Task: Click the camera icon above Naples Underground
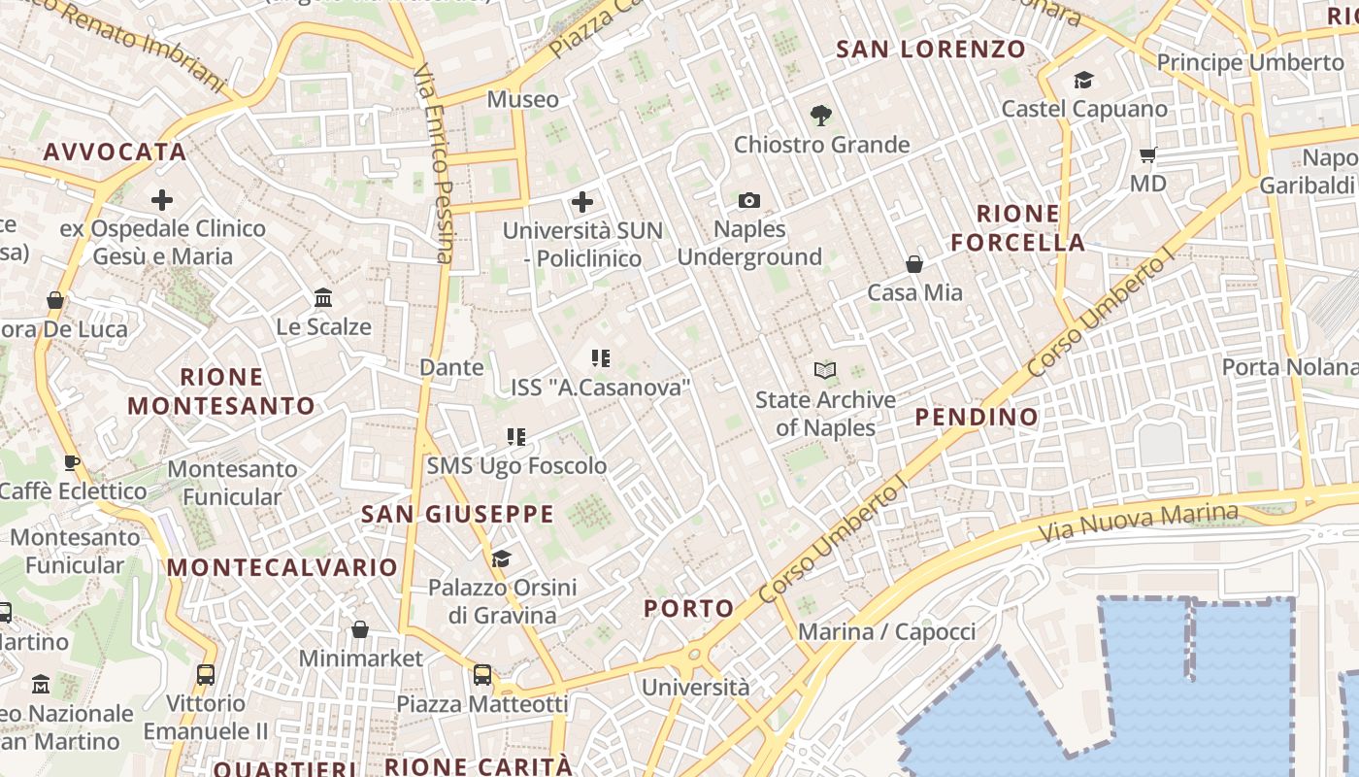point(748,200)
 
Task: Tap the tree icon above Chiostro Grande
point(821,116)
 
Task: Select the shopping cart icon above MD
point(1147,154)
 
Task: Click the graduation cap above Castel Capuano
point(1083,80)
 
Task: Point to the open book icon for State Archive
point(825,370)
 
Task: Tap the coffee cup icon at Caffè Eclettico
point(72,462)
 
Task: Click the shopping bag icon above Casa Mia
point(913,263)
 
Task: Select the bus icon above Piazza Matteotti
point(482,674)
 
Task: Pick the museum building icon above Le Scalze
point(323,297)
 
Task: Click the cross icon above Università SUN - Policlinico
point(582,202)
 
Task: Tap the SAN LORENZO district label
point(930,49)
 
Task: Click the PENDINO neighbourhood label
point(977,418)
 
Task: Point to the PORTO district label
point(689,609)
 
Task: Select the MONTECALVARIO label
point(282,567)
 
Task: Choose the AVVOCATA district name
point(115,152)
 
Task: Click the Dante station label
point(451,367)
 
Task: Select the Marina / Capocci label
point(886,632)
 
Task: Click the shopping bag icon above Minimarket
point(360,629)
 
